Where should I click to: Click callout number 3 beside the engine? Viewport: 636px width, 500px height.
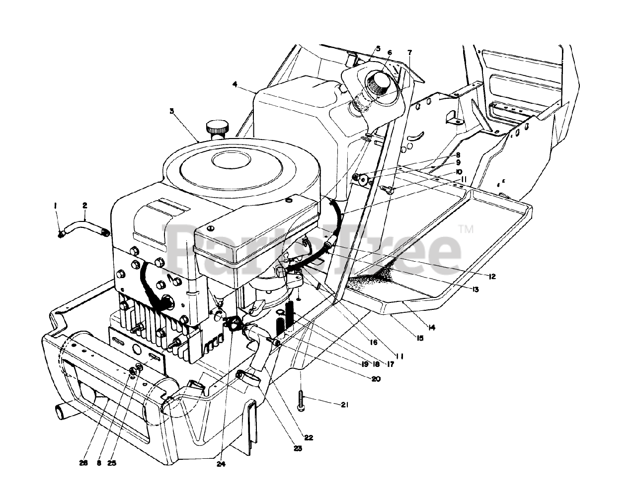click(x=171, y=111)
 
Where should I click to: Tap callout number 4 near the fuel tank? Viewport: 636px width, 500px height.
click(x=234, y=85)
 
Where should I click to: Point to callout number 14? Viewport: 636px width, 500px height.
click(x=431, y=327)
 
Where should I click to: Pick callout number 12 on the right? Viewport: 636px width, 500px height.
click(x=492, y=277)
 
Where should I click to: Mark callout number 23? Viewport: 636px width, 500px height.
click(x=284, y=448)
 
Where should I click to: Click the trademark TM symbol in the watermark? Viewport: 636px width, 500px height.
click(x=466, y=229)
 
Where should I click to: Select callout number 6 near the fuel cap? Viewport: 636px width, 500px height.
click(x=390, y=52)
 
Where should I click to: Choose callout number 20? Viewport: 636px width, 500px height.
click(x=376, y=379)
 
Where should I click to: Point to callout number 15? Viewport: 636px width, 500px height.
click(x=420, y=338)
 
